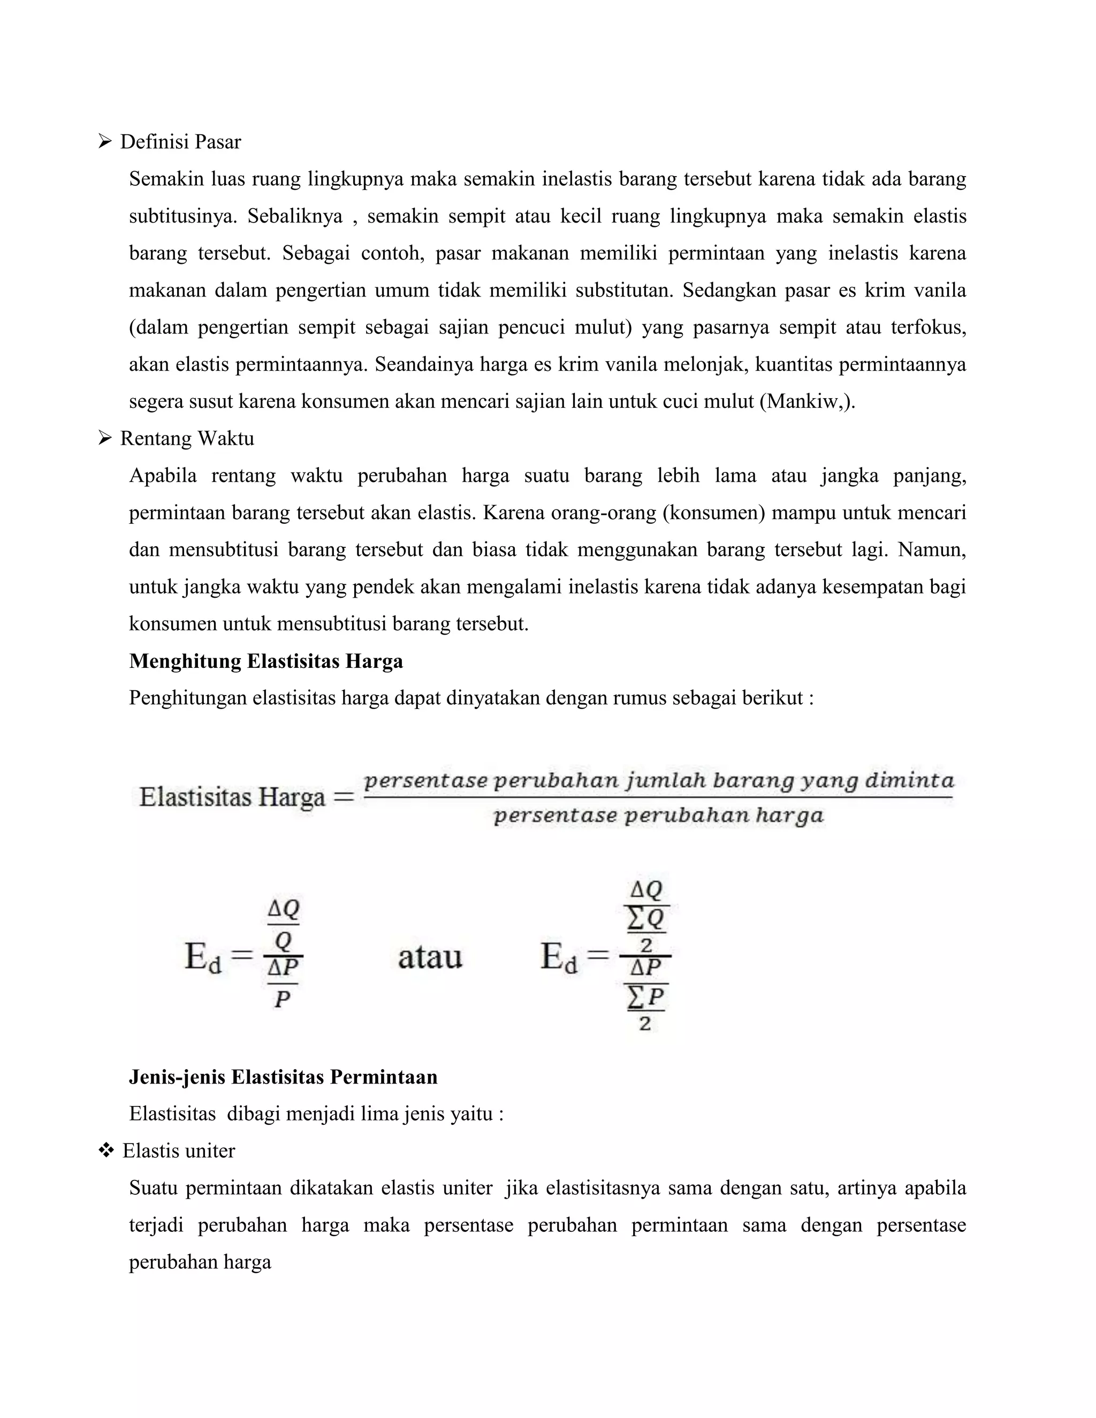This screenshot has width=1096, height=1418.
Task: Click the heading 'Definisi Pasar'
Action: click(x=180, y=142)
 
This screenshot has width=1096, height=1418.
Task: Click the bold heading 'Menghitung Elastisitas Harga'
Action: click(x=265, y=661)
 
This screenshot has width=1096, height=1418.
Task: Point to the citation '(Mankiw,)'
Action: click(x=807, y=401)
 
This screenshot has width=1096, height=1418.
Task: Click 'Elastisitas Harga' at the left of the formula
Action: click(x=232, y=797)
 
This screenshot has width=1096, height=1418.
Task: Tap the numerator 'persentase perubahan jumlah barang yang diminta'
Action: click(x=658, y=780)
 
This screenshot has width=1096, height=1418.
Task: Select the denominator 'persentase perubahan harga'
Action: click(x=658, y=815)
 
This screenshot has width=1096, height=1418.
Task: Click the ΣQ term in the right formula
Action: click(x=646, y=919)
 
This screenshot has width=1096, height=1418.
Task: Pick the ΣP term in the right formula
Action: click(x=646, y=997)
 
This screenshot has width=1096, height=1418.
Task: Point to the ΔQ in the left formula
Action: click(x=284, y=910)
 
